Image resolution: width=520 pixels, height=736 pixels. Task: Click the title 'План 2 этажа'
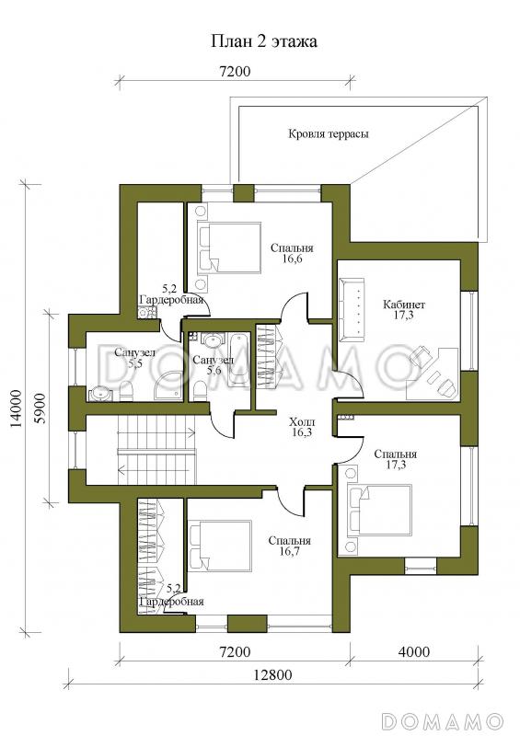coord(263,41)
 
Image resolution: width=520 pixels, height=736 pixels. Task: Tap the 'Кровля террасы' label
coord(329,134)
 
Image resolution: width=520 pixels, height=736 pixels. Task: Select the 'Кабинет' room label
coord(404,305)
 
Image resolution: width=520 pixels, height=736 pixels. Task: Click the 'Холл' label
coord(303,422)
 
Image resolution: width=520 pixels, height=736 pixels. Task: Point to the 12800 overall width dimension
coord(272,675)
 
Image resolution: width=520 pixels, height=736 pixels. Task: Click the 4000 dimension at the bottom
coord(414,651)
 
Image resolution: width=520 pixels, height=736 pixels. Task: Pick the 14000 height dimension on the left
coord(17,408)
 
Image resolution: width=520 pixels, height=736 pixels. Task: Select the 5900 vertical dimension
coord(40,408)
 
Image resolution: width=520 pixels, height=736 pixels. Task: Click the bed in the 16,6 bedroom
coord(229,247)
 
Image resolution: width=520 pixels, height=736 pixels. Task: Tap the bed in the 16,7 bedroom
coord(220,546)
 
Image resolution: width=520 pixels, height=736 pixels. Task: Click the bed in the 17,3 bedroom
coord(379,510)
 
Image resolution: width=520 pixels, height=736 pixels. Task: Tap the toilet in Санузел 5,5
coord(126,391)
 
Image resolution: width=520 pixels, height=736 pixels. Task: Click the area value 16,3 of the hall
coord(303,432)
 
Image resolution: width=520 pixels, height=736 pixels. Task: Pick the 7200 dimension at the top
coord(235,72)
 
